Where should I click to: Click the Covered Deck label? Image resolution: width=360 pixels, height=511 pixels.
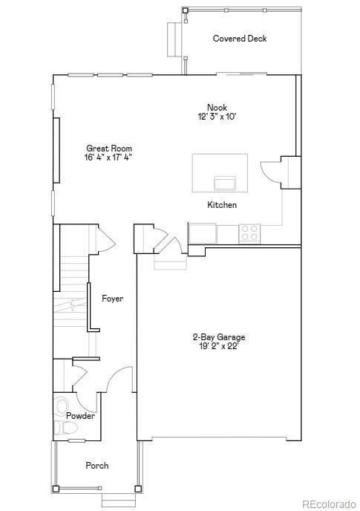pyautogui.click(x=240, y=39)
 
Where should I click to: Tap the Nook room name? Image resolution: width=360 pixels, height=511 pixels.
pyautogui.click(x=217, y=108)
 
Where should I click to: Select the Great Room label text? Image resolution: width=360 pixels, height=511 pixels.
pyautogui.click(x=109, y=149)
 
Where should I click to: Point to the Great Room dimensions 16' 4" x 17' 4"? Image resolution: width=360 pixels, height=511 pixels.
pyautogui.click(x=109, y=157)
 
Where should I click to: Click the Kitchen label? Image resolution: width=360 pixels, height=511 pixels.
pyautogui.click(x=222, y=205)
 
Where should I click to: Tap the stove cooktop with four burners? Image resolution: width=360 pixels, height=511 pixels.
pyautogui.click(x=250, y=233)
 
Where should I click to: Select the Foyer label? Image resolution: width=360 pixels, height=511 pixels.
pyautogui.click(x=112, y=299)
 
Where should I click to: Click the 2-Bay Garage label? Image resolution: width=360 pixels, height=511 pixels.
pyautogui.click(x=218, y=336)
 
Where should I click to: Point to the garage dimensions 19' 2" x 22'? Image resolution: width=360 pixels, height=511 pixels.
pyautogui.click(x=218, y=345)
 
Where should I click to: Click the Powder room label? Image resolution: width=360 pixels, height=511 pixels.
pyautogui.click(x=80, y=416)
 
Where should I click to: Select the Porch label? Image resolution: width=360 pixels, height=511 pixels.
pyautogui.click(x=96, y=466)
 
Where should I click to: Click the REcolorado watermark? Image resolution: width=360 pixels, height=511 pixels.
pyautogui.click(x=328, y=504)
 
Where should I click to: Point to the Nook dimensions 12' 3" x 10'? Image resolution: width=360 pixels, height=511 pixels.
pyautogui.click(x=217, y=117)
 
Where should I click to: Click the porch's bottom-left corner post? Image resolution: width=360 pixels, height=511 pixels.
pyautogui.click(x=56, y=489)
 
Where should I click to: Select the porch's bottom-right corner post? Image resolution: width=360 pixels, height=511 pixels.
pyautogui.click(x=137, y=489)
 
